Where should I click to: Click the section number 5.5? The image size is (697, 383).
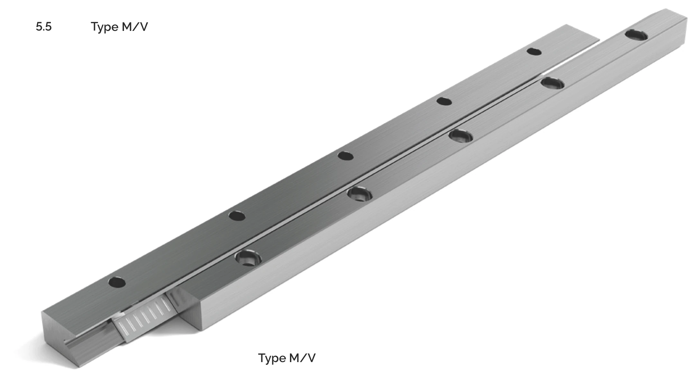click(43, 27)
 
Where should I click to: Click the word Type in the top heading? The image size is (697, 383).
click(105, 27)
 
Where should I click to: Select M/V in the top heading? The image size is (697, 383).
click(135, 27)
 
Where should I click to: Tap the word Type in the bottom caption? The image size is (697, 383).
click(272, 359)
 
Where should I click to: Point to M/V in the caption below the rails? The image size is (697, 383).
click(302, 358)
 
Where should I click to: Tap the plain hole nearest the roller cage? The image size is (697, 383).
click(117, 282)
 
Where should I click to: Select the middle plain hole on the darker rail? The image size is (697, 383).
click(346, 156)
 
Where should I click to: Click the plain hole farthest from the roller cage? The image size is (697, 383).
click(534, 51)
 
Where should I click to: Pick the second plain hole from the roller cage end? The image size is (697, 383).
click(237, 216)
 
